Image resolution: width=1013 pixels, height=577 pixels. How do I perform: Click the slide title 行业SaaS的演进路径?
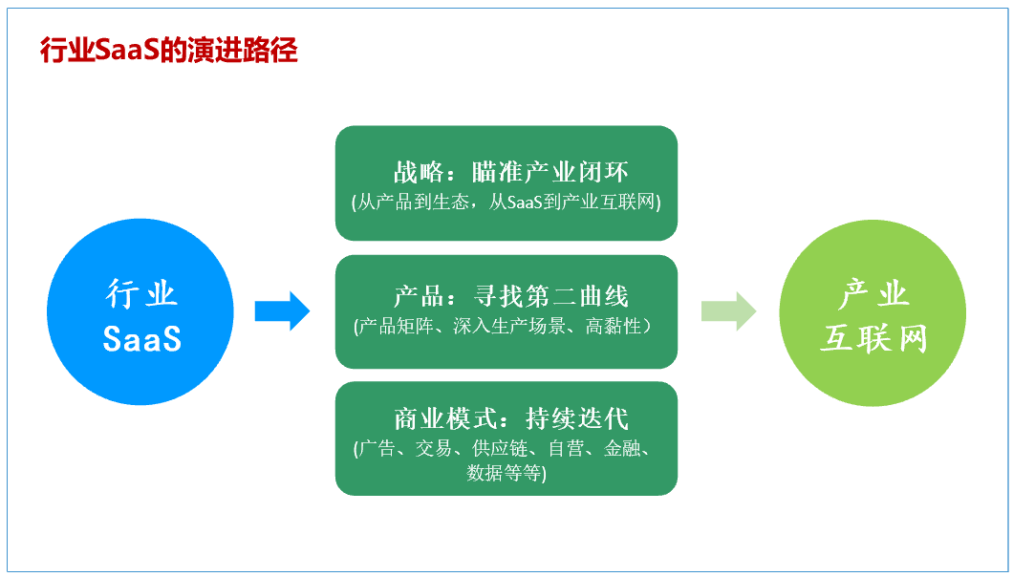pos(168,50)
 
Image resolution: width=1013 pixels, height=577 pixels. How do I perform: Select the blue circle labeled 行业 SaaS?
pos(140,312)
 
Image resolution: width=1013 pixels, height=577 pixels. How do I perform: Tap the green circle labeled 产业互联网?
pos(873,312)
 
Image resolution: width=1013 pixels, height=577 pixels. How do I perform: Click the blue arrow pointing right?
pos(282,311)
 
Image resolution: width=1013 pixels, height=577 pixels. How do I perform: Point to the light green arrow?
pos(728,311)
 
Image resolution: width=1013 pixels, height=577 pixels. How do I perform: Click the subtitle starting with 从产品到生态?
pos(506,203)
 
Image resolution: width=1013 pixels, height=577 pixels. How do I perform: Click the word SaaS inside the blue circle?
pos(141,338)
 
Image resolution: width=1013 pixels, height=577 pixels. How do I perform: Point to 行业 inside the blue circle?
pos(141,293)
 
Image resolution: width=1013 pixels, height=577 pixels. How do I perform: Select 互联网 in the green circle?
pos(873,338)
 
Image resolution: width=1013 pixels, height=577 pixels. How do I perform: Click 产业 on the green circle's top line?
pos(873,293)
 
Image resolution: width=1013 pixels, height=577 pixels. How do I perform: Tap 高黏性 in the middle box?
pos(613,327)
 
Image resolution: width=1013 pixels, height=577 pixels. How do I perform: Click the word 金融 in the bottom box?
pos(622,449)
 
